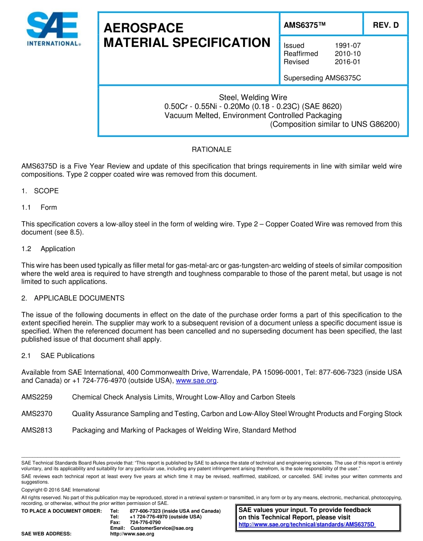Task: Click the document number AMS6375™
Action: pyautogui.click(x=305, y=25)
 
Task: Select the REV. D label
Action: pyautogui.click(x=386, y=25)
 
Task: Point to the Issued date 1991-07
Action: pyautogui.click(x=347, y=45)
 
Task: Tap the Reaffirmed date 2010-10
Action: pyautogui.click(x=347, y=54)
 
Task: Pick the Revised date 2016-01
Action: pyautogui.click(x=347, y=62)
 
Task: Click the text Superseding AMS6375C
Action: pyautogui.click(x=322, y=78)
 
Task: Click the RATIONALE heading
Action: pyautogui.click(x=211, y=149)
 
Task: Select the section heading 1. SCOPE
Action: pyautogui.click(x=40, y=191)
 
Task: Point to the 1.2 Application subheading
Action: pyautogui.click(x=49, y=249)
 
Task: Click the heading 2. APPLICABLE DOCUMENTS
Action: pyautogui.click(x=73, y=298)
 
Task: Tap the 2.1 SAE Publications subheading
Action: pyautogui.click(x=58, y=355)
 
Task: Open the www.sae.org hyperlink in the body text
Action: pyautogui.click(x=196, y=380)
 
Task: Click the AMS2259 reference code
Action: pyautogui.click(x=37, y=397)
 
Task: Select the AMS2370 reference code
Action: pyautogui.click(x=37, y=413)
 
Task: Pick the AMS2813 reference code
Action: pyautogui.click(x=37, y=430)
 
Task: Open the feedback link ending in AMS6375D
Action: pyautogui.click(x=307, y=524)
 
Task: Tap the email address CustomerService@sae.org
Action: pyautogui.click(x=162, y=528)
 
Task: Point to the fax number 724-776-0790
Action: pyautogui.click(x=145, y=522)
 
